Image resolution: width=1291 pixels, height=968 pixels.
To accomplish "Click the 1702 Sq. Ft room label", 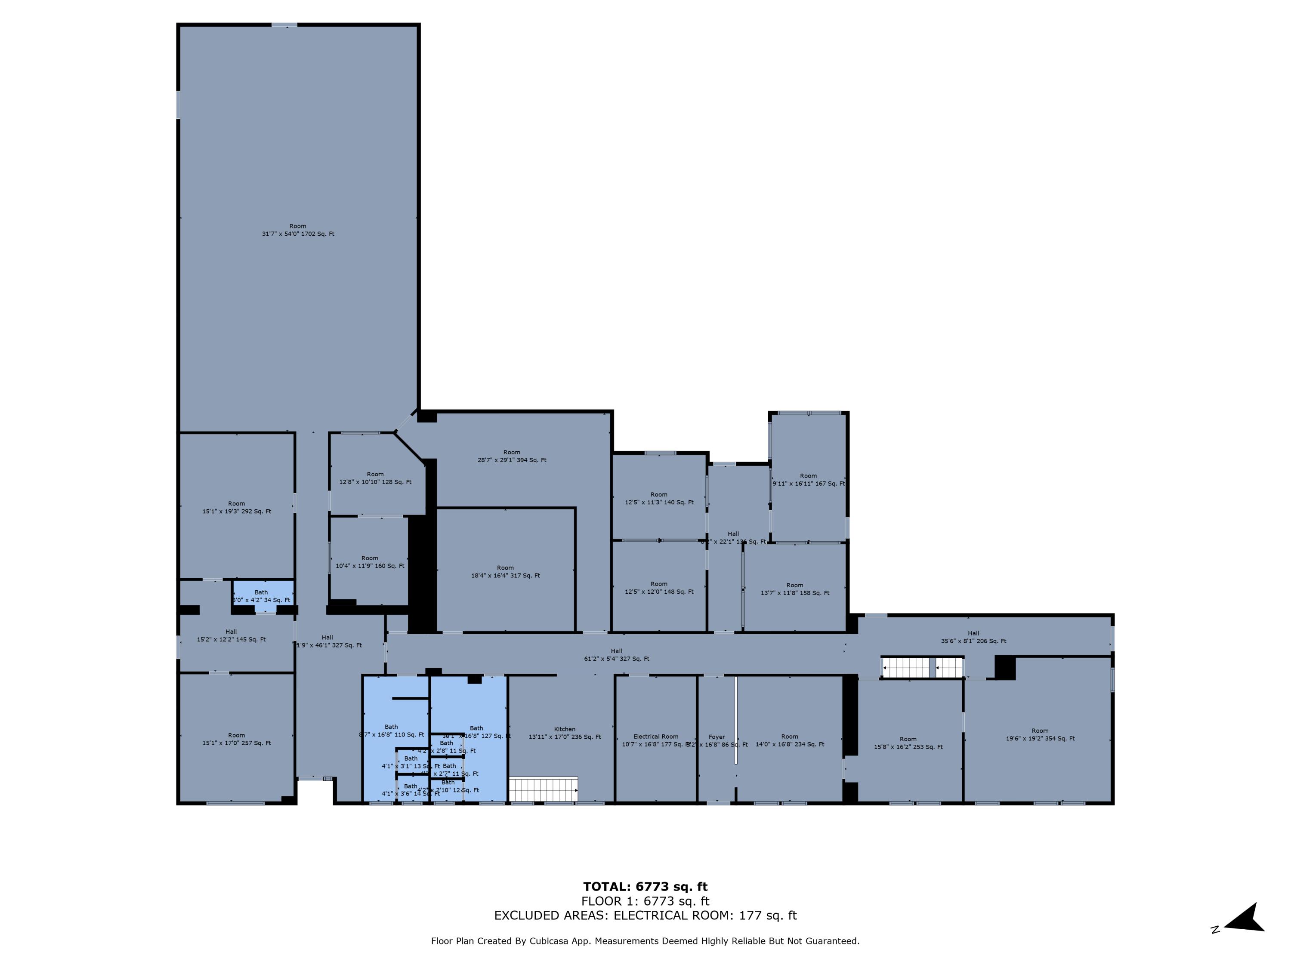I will pyautogui.click(x=298, y=230).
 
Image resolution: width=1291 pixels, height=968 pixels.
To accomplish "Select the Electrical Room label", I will pyautogui.click(x=655, y=737).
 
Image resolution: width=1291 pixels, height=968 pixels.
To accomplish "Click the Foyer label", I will pyautogui.click(x=717, y=737).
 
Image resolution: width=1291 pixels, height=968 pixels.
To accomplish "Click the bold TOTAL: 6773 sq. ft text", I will pyautogui.click(x=645, y=887).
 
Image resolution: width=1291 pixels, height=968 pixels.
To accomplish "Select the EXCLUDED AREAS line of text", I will pyautogui.click(x=645, y=916).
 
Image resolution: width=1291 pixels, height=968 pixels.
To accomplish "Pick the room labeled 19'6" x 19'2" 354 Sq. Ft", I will pyautogui.click(x=1039, y=734).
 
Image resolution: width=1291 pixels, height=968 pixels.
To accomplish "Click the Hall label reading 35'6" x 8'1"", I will pyautogui.click(x=973, y=637).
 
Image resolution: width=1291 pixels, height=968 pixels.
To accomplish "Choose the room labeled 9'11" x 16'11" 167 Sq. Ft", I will pyautogui.click(x=808, y=479).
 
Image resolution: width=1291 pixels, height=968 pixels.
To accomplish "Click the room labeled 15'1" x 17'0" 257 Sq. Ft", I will pyautogui.click(x=236, y=739).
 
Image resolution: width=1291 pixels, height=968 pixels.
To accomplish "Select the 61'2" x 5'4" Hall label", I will pyautogui.click(x=616, y=655).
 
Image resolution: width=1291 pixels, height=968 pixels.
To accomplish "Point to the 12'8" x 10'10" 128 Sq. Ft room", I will pyautogui.click(x=375, y=478).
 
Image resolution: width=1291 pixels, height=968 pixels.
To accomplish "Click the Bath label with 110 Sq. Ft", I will pyautogui.click(x=391, y=731).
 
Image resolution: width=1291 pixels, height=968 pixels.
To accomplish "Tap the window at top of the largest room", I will pyautogui.click(x=284, y=25).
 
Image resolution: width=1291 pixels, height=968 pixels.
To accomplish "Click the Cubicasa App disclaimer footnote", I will pyautogui.click(x=645, y=940).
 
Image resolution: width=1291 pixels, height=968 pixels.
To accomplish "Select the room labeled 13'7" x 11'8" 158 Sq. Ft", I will pyautogui.click(x=794, y=589).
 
